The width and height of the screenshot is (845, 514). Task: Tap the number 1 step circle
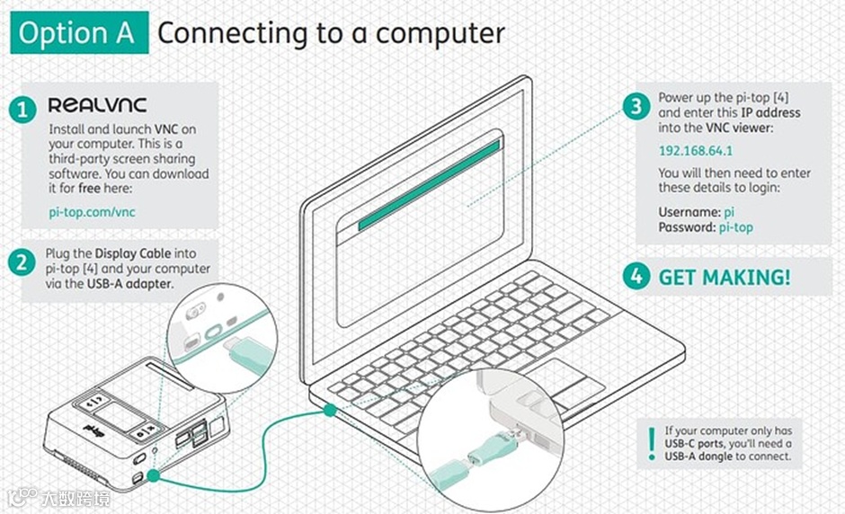(22, 111)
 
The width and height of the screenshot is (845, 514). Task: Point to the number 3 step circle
(636, 106)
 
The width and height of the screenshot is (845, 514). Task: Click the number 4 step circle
(636, 277)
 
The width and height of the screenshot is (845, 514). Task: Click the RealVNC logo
(97, 106)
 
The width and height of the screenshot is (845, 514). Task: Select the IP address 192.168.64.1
(695, 151)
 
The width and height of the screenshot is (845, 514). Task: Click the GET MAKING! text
(725, 277)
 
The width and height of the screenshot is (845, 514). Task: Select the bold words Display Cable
(132, 253)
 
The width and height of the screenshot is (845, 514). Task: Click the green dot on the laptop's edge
(330, 410)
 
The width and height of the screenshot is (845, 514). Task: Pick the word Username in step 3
(689, 212)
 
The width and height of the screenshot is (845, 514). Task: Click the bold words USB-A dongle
(701, 456)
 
